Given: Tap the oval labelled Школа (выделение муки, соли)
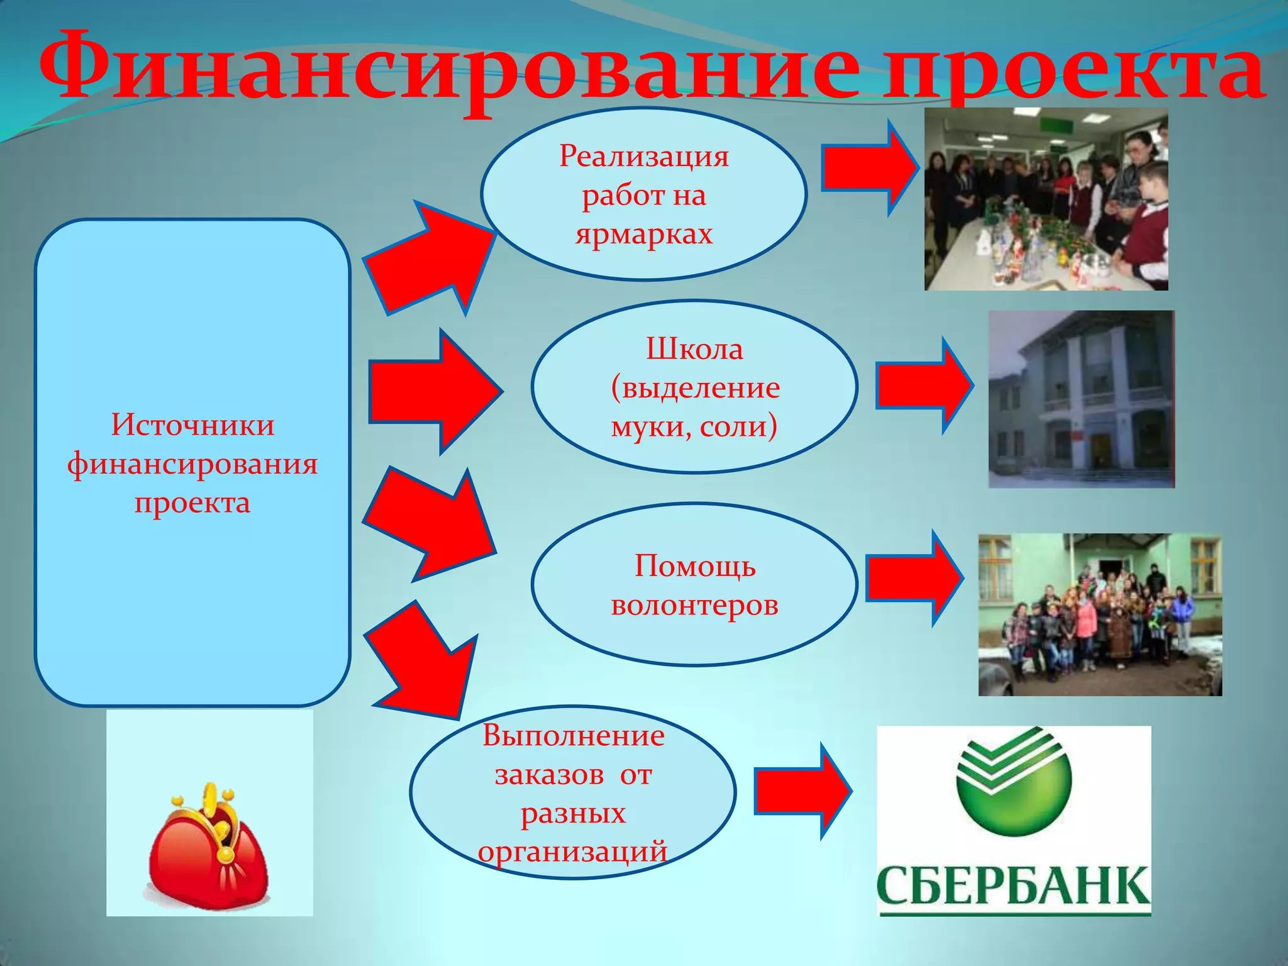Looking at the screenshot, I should pyautogui.click(x=694, y=386).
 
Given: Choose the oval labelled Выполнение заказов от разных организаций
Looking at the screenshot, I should pyautogui.click(x=572, y=792).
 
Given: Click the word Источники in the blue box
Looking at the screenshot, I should pyautogui.click(x=192, y=425).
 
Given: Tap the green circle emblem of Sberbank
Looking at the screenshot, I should pyautogui.click(x=1013, y=780).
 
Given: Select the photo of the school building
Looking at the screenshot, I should pyautogui.click(x=1081, y=399).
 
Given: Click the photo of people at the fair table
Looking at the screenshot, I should pyautogui.click(x=1046, y=199).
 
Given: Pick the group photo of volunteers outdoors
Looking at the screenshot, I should pyautogui.click(x=1100, y=614).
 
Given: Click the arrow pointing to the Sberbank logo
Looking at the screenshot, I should pyautogui.click(x=802, y=791).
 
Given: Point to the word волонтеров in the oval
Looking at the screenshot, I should pyautogui.click(x=694, y=604).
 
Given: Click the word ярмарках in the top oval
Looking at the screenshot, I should pyautogui.click(x=643, y=233).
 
